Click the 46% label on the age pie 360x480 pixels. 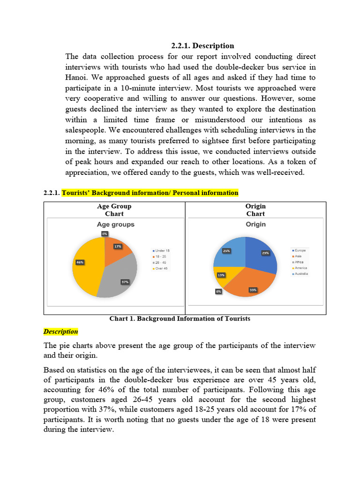[x=80, y=262]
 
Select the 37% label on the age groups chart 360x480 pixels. [x=125, y=282]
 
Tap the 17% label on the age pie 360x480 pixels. [x=117, y=246]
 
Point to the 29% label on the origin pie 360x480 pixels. [x=265, y=253]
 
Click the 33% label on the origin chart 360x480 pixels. [x=253, y=290]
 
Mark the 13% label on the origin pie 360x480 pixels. [x=220, y=275]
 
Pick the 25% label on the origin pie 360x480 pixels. [x=226, y=251]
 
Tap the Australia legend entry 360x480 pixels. [x=300, y=274]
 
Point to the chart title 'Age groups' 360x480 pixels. [x=115, y=225]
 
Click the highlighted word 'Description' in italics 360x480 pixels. [x=60, y=331]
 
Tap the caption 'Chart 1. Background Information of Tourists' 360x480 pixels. [x=180, y=319]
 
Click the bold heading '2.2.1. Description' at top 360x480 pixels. [x=202, y=45]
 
